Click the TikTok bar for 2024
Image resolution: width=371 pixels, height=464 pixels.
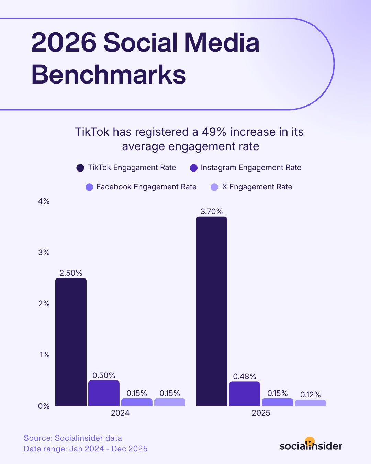[71, 342]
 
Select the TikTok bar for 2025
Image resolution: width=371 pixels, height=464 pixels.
[212, 311]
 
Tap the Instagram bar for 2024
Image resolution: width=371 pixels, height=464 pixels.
[104, 393]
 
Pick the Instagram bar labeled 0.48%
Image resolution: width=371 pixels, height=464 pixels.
[245, 394]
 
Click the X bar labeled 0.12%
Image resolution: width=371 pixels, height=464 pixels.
[311, 402]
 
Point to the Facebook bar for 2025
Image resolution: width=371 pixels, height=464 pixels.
[278, 402]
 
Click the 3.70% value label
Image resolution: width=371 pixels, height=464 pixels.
[212, 211]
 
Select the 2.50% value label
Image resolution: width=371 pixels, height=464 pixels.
[71, 273]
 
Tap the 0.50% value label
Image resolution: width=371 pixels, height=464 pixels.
[104, 375]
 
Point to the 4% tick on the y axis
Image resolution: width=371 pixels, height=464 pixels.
[44, 201]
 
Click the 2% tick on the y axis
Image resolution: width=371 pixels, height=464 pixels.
[44, 303]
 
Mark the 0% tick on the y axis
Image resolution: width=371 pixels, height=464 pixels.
[44, 406]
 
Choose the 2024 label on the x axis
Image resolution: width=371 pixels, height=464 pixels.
[120, 413]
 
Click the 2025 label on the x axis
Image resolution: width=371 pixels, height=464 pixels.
[261, 413]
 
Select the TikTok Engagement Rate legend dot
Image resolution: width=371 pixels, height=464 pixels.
[80, 168]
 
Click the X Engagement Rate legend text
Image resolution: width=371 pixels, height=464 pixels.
[257, 187]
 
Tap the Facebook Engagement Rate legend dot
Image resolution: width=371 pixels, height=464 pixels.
[89, 187]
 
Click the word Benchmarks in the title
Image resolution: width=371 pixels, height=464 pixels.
[109, 75]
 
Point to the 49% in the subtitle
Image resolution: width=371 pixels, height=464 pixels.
[214, 132]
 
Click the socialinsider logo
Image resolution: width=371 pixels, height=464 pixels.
[311, 445]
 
